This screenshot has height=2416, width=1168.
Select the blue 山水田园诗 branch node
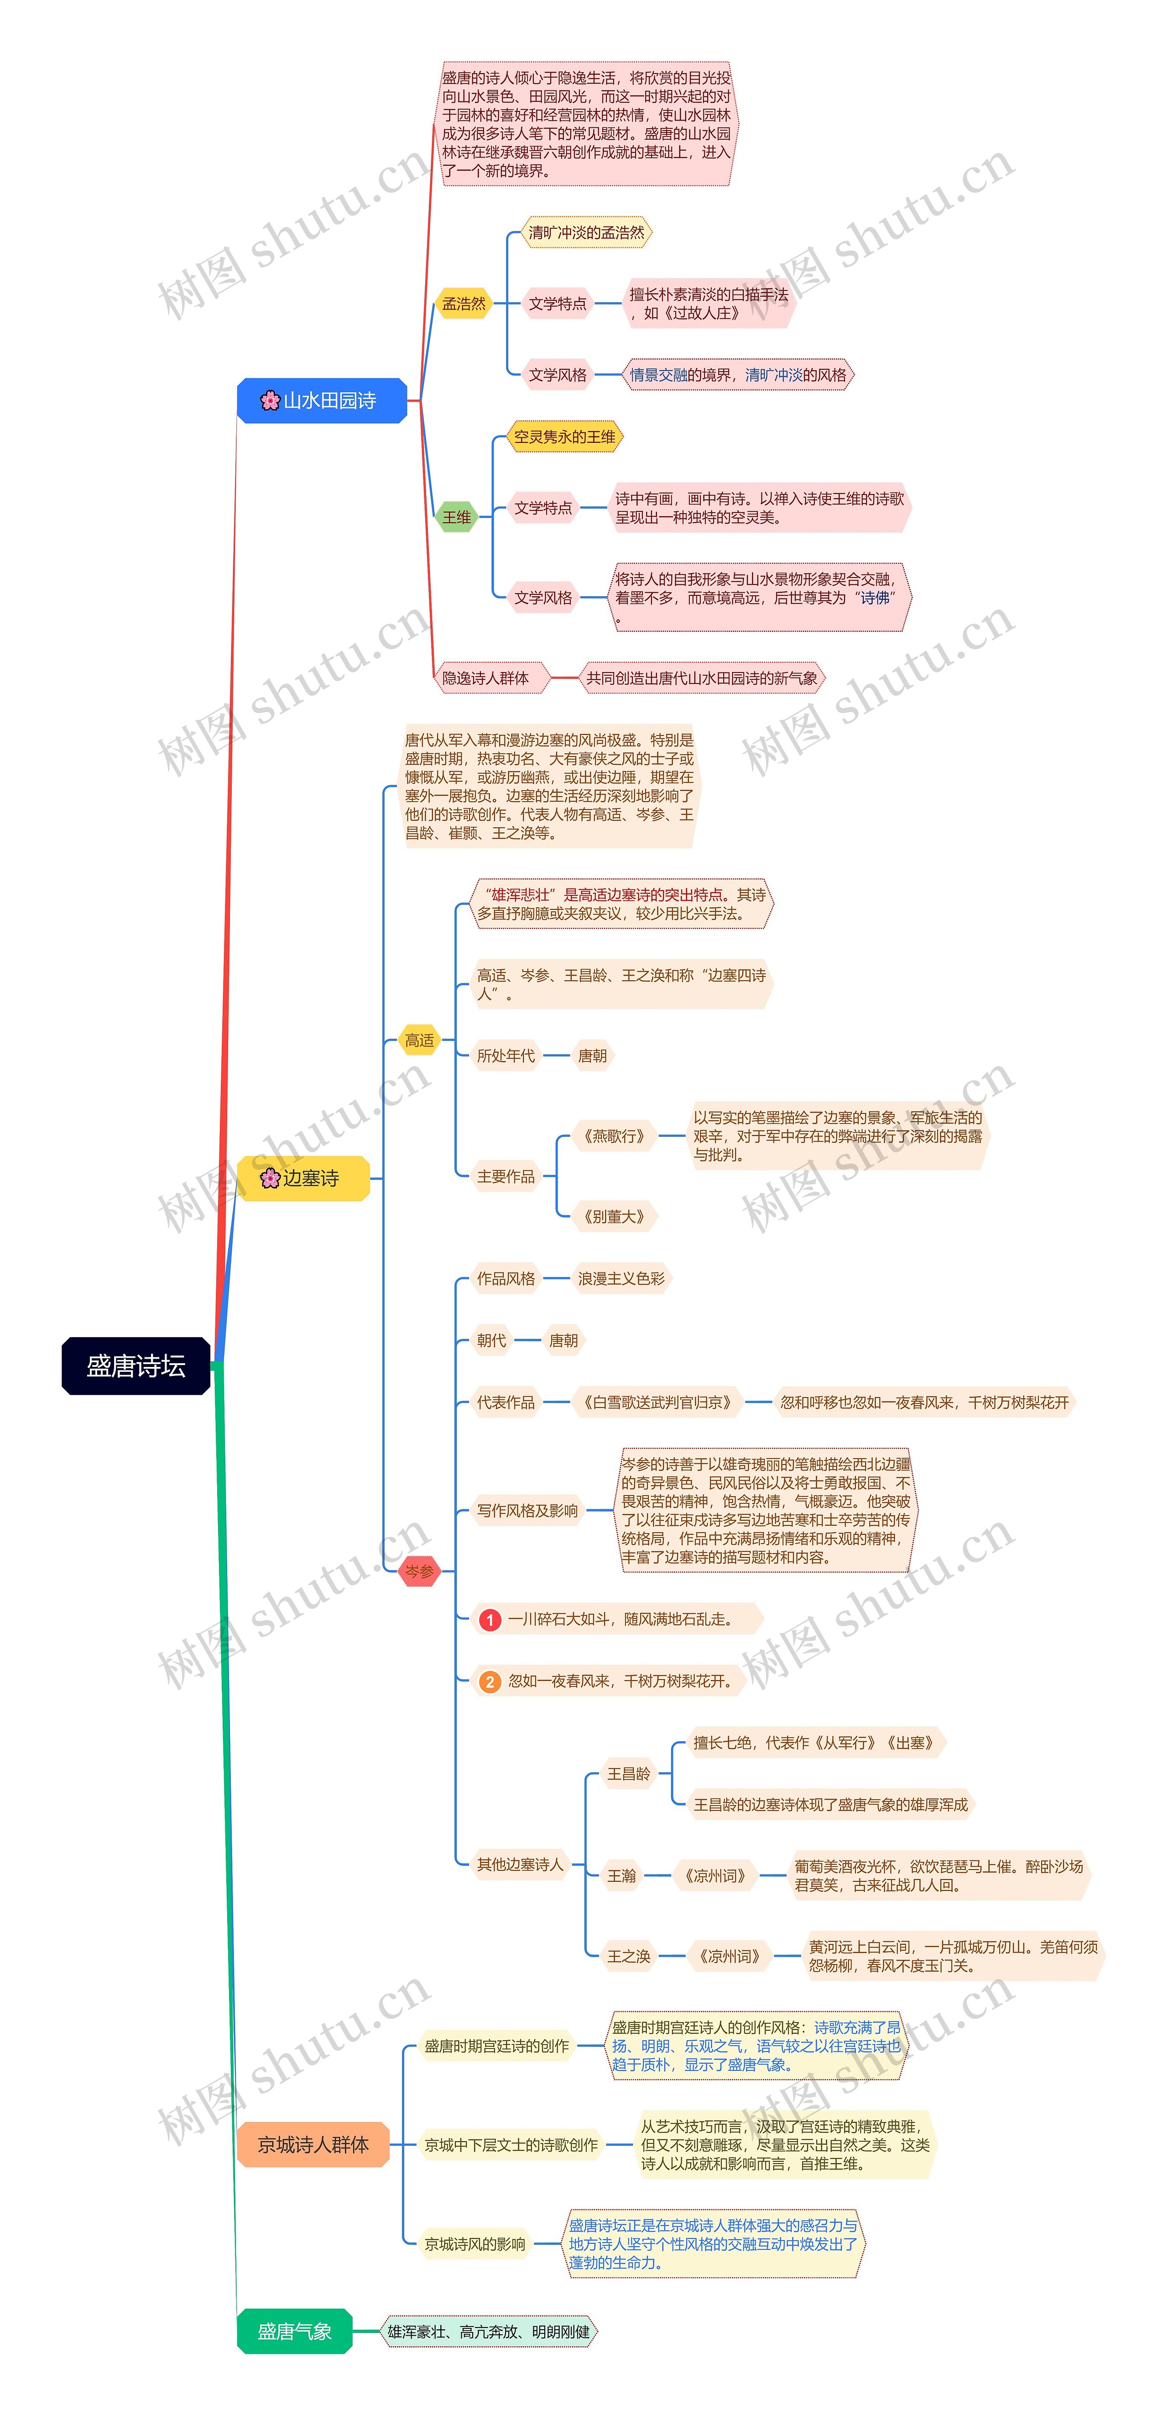(322, 400)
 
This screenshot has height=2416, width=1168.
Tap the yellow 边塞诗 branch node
(303, 1178)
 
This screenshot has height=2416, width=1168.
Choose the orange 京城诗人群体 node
(313, 2144)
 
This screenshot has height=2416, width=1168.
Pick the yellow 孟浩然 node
(464, 304)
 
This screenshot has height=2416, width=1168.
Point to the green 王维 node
(457, 517)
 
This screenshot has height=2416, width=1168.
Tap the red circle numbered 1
(489, 1620)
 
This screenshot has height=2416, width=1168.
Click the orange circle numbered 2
(489, 1681)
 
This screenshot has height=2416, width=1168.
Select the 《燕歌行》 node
(614, 1136)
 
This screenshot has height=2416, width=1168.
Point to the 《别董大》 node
(614, 1216)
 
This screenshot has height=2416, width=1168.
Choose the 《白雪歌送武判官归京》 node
(657, 1402)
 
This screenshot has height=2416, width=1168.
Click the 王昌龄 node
(628, 1774)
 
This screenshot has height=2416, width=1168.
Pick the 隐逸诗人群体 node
(485, 678)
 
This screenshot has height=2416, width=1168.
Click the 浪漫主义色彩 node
(620, 1278)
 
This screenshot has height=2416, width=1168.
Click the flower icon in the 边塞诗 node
(270, 1178)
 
